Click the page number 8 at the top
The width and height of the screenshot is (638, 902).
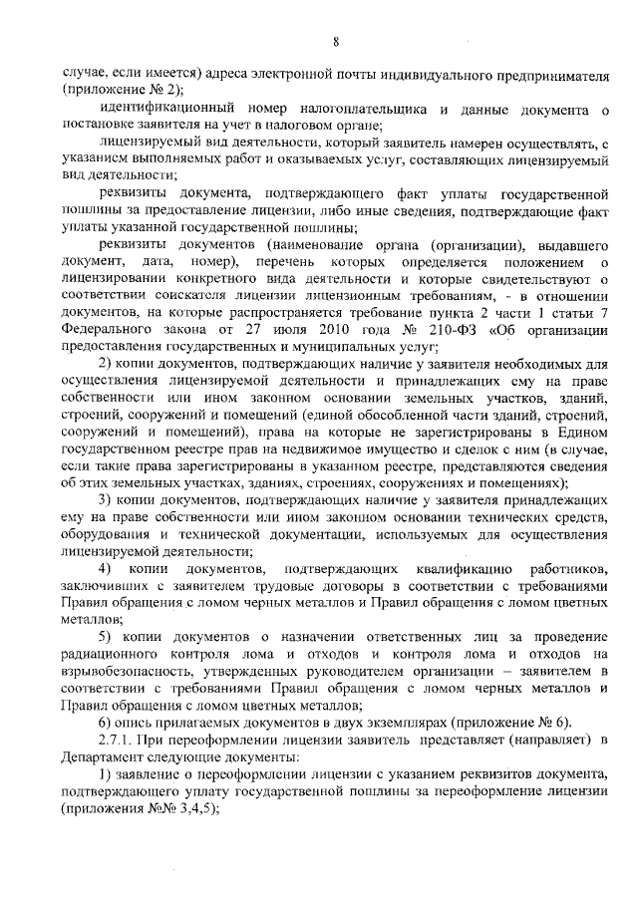tap(336, 41)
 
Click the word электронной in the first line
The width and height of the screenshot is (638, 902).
tap(291, 72)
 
